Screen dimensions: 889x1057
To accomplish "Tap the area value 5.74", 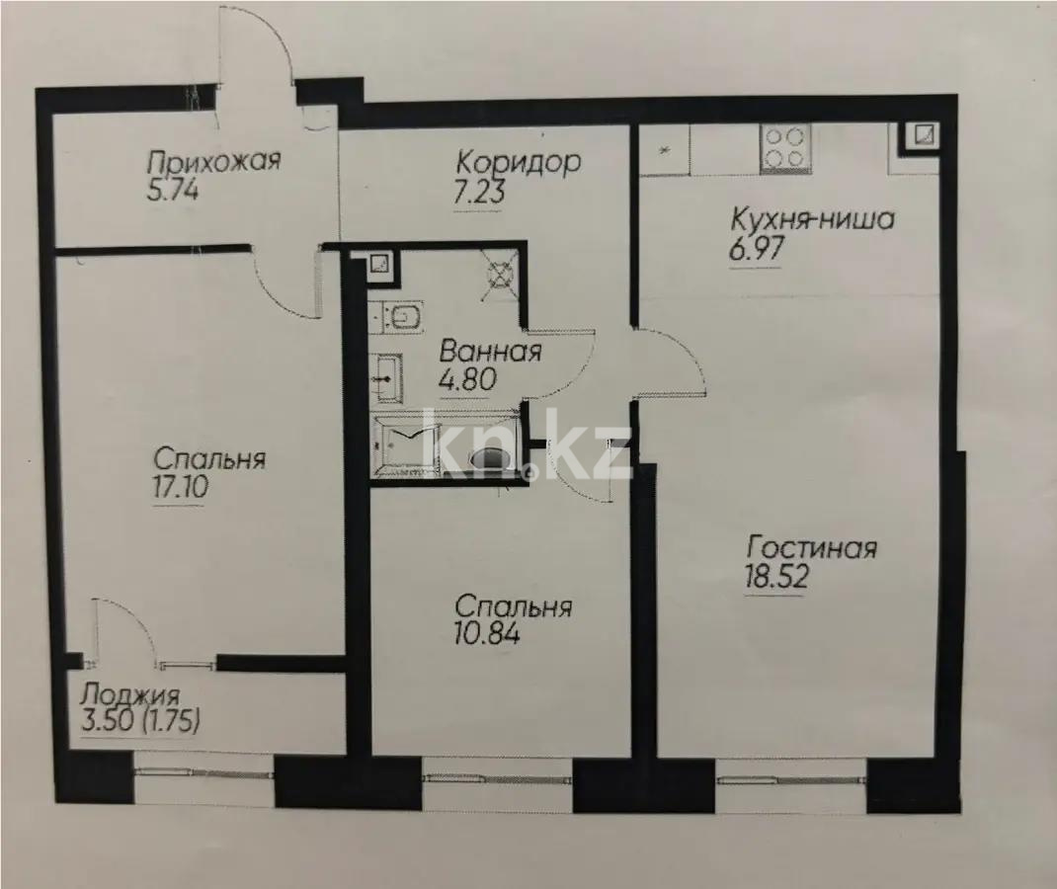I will point(174,190).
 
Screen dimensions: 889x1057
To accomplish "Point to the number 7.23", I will point(479,192).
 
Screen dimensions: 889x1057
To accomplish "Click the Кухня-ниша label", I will point(811,219).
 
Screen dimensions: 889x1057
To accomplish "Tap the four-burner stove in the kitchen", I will point(785,148).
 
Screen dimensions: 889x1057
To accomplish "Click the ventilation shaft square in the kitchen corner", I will point(922,137).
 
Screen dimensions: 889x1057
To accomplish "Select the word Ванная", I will point(490,352).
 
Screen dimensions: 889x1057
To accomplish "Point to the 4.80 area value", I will point(467,379).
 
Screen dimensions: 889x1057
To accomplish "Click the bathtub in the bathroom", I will point(405,446).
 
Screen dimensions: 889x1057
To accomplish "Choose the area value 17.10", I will point(179,488).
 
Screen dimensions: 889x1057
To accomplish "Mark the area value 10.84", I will point(488,633).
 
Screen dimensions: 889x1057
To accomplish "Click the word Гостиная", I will point(811,547).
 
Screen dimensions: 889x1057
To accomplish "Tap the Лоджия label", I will point(130,693).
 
